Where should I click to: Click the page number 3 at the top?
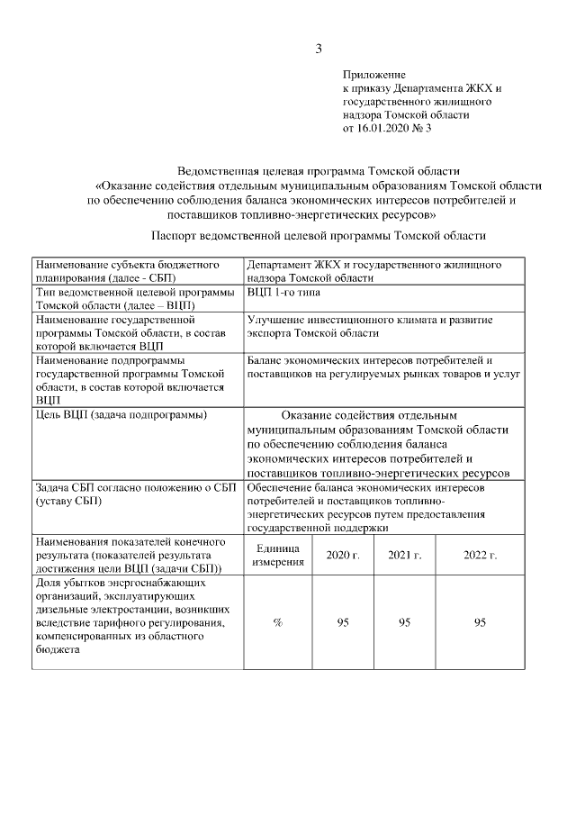tap(319, 49)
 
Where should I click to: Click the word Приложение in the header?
tap(373, 74)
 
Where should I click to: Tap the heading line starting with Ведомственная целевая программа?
tap(319, 170)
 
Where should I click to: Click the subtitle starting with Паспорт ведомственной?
tap(319, 235)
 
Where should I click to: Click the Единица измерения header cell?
tap(278, 555)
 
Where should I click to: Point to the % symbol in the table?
tap(278, 623)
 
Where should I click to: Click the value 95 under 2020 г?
tap(342, 623)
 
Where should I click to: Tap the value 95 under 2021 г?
tap(405, 623)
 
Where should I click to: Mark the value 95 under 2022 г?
tap(480, 623)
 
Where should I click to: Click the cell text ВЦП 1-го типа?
tap(284, 293)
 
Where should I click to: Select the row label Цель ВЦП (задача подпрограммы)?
tap(120, 414)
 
